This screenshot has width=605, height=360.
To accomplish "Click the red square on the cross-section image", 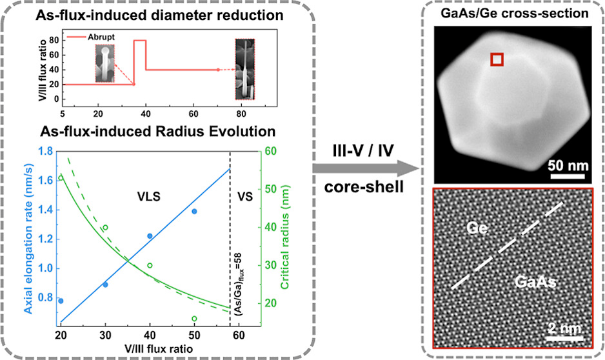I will click(x=497, y=59).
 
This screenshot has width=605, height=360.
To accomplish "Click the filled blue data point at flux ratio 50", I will click(x=194, y=212).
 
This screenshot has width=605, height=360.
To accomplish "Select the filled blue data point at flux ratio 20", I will click(x=61, y=301).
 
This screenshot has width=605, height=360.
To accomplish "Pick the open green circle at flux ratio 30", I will click(x=105, y=228).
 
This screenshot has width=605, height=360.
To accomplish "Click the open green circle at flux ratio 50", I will click(x=194, y=319).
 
